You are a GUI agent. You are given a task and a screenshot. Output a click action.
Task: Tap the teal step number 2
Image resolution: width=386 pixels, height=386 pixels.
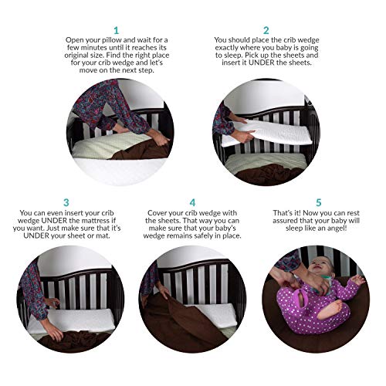[266, 31]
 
